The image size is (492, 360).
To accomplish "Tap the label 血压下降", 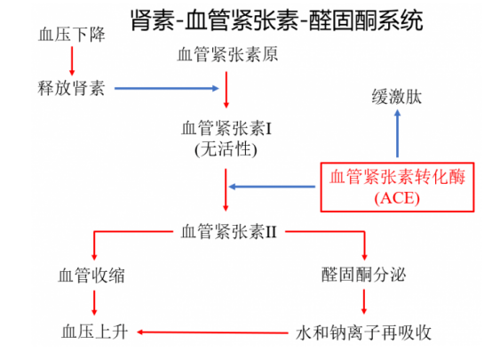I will point(71,35).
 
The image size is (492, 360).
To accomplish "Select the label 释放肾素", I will point(71,88).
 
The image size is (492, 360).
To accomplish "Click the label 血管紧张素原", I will point(226,55).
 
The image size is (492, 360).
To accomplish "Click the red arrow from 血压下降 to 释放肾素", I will point(72,60).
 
